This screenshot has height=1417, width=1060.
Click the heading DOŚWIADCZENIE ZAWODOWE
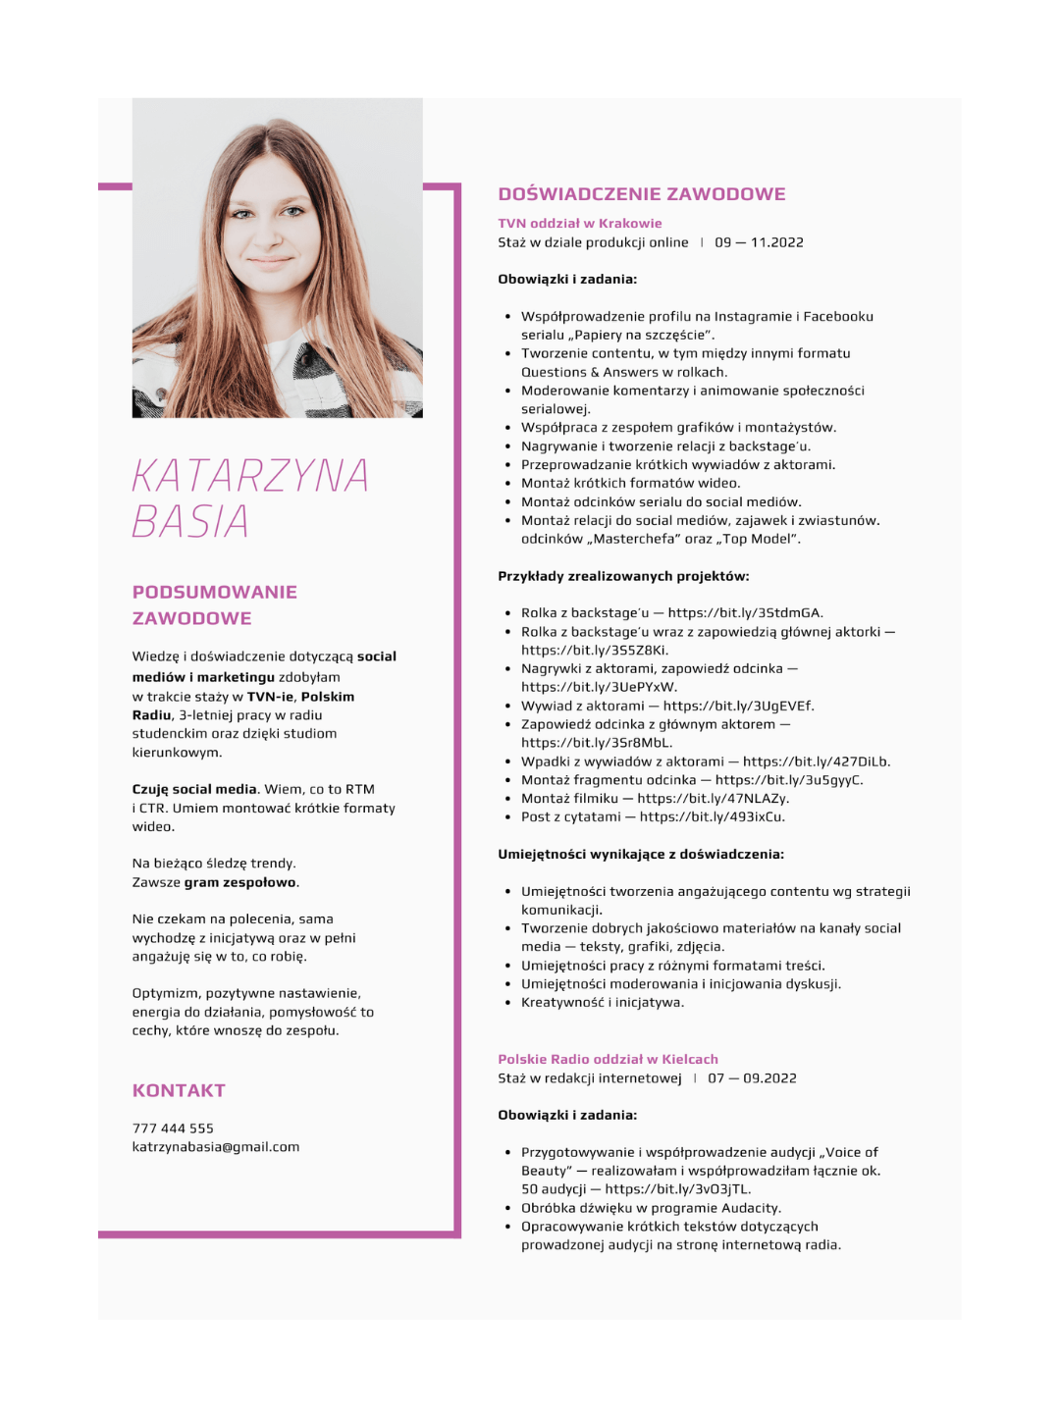click(641, 194)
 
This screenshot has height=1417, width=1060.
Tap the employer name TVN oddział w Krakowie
click(579, 224)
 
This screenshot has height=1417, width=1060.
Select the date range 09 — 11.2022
click(759, 242)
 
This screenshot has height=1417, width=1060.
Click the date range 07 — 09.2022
click(752, 1078)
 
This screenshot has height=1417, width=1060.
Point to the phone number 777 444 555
click(173, 1128)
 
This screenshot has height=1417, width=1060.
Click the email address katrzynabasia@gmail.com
click(216, 1147)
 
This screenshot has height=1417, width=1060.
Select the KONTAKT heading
click(179, 1091)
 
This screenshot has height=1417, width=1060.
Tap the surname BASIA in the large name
click(190, 522)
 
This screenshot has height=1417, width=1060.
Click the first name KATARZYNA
click(250, 477)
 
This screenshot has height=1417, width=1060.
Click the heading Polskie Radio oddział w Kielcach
click(608, 1060)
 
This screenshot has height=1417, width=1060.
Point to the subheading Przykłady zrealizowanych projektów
click(623, 576)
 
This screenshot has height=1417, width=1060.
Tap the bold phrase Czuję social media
click(194, 789)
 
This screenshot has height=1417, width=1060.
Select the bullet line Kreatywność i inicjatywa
click(603, 1003)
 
